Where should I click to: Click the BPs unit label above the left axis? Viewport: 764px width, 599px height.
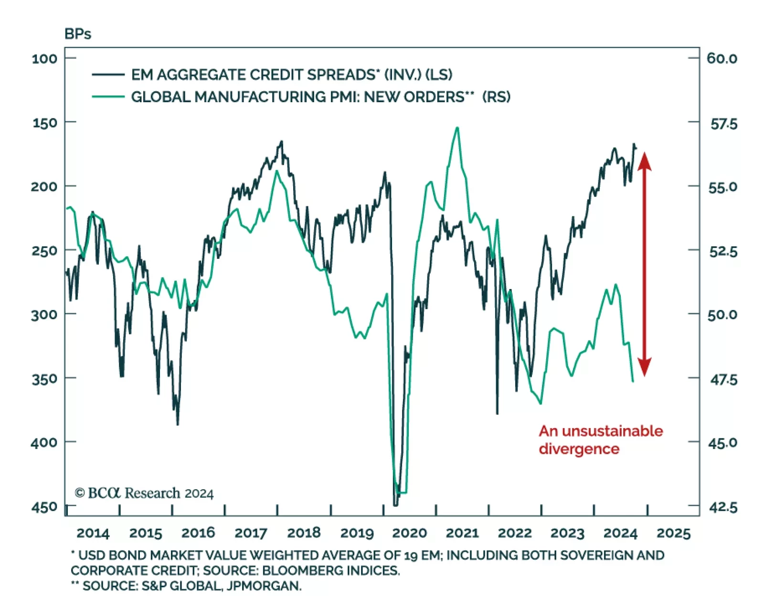tap(77, 34)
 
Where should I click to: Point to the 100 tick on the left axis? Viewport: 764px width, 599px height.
tap(44, 59)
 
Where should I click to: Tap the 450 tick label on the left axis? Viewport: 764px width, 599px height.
tap(44, 507)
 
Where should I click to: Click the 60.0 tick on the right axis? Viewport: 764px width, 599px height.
tap(722, 59)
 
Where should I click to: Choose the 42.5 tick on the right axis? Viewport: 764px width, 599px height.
tap(723, 507)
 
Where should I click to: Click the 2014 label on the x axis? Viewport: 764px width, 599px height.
tap(93, 533)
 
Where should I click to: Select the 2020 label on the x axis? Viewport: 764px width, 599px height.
tap(409, 533)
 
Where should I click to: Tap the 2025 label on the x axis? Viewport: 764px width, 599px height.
tap(673, 533)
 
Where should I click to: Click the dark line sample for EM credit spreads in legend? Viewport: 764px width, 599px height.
tap(108, 75)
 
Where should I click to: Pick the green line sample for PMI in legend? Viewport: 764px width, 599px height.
tap(108, 97)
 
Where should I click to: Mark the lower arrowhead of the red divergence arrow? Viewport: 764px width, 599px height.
tap(645, 368)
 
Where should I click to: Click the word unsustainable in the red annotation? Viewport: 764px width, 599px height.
tap(613, 431)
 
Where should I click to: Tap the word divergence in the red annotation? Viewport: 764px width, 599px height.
tap(579, 449)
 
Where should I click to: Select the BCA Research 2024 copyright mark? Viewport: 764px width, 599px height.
tap(144, 493)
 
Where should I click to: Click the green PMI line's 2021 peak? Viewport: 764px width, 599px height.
tap(457, 128)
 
